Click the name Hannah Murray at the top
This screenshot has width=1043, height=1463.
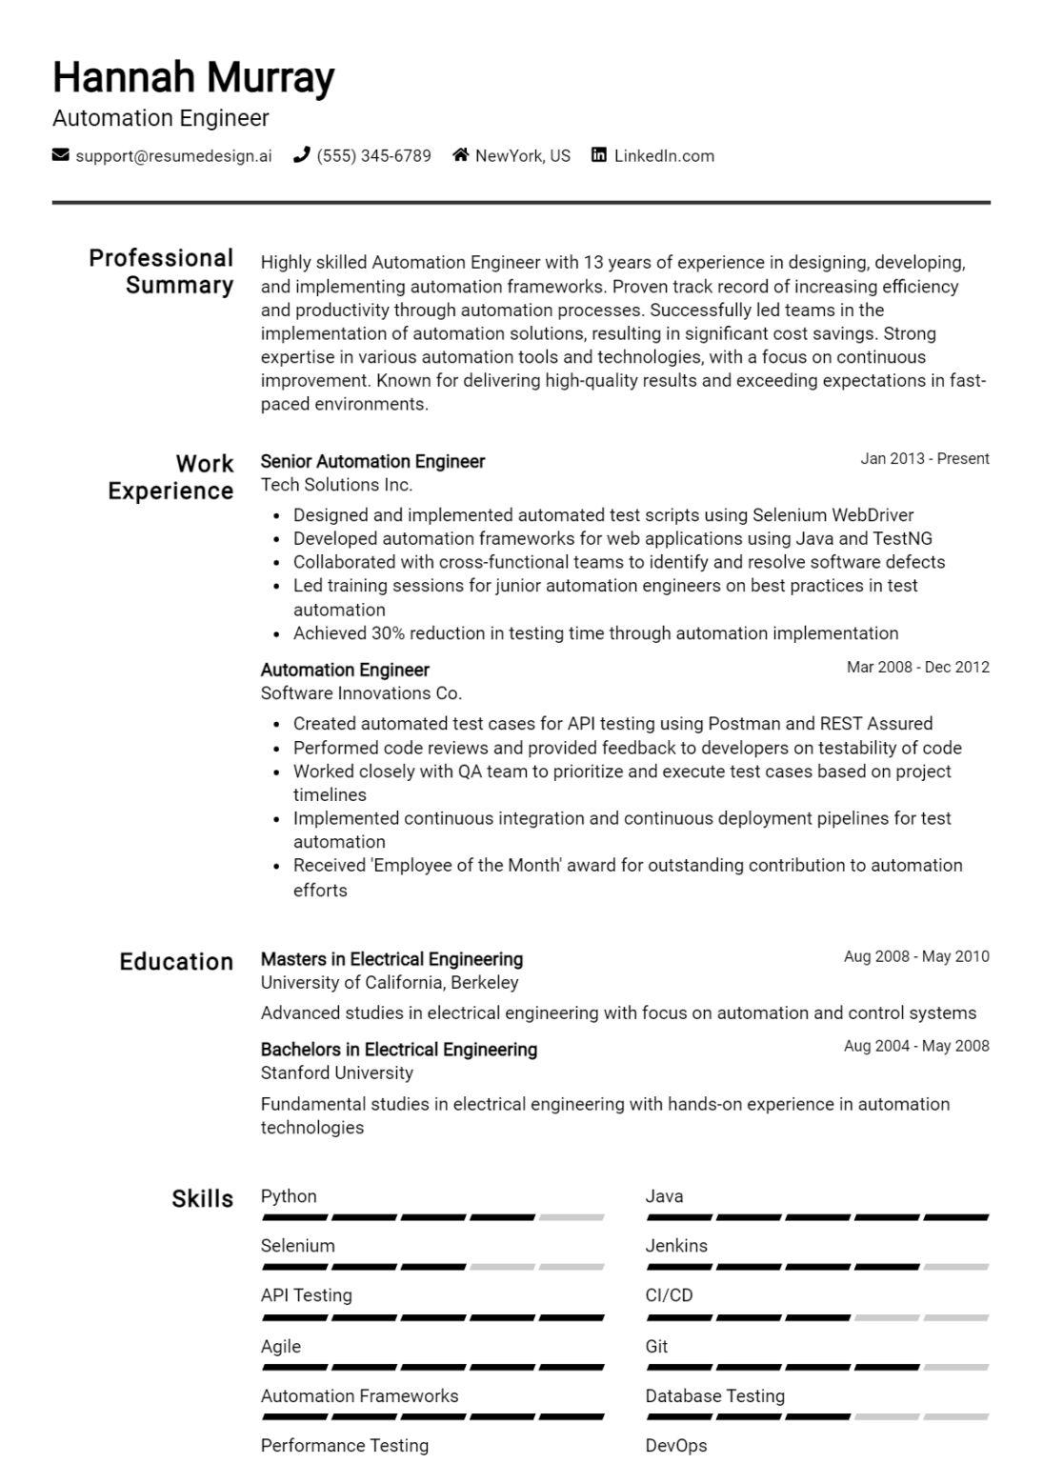point(193,77)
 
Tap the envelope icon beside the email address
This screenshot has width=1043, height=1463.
point(61,155)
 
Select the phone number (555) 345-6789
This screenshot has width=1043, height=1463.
point(373,156)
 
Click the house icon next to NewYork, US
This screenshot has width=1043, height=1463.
point(461,155)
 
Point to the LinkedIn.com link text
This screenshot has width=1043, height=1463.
point(664,156)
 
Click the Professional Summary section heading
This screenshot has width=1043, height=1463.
point(161,271)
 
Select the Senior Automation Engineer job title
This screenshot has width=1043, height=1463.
point(372,461)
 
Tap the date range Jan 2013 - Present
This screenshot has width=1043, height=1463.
point(925,459)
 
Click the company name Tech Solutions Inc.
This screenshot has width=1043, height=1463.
point(336,485)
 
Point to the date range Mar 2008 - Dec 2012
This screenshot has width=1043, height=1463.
point(918,668)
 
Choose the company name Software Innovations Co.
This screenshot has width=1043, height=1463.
point(361,693)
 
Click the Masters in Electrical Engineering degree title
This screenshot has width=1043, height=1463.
point(391,959)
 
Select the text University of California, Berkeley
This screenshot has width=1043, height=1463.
point(390,983)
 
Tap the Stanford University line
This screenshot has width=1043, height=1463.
point(337,1072)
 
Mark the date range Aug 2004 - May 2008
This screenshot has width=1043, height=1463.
point(916,1046)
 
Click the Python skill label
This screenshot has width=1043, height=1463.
point(289,1196)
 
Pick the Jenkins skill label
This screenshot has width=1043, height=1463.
point(676,1246)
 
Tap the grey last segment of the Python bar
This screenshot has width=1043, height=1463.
point(572,1217)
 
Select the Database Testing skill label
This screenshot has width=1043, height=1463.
point(715,1396)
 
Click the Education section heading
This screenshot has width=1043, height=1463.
point(176,962)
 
